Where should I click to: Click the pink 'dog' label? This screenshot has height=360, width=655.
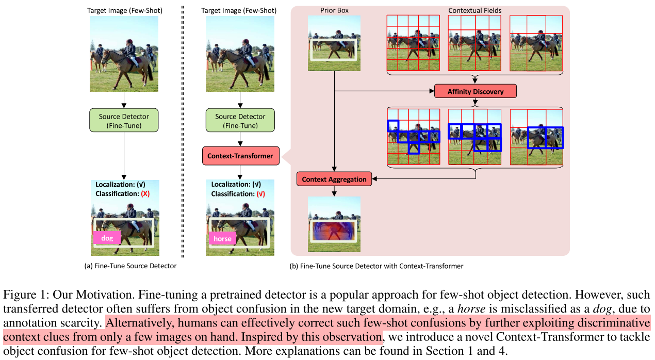click(107, 238)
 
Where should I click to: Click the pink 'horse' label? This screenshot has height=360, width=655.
click(222, 239)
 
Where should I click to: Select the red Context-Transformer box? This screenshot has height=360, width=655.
click(240, 156)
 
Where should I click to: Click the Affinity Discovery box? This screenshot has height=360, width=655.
click(475, 91)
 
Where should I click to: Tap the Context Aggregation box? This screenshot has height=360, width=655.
click(334, 179)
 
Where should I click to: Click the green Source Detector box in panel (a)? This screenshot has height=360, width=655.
click(123, 120)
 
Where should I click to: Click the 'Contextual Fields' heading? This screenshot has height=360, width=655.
click(474, 10)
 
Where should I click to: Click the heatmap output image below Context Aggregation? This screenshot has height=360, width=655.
click(334, 224)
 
